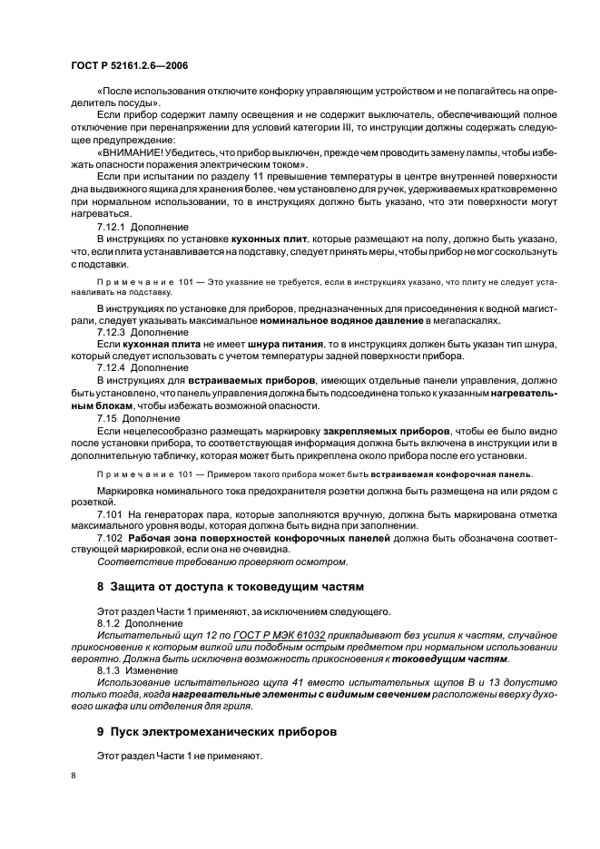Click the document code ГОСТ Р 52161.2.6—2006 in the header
[129, 66]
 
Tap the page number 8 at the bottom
[74, 776]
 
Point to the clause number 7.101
[109, 514]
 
